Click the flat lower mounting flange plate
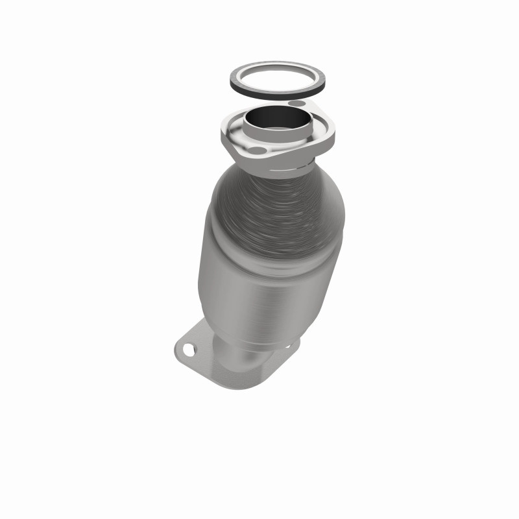click(201, 360)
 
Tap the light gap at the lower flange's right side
click(285, 354)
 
